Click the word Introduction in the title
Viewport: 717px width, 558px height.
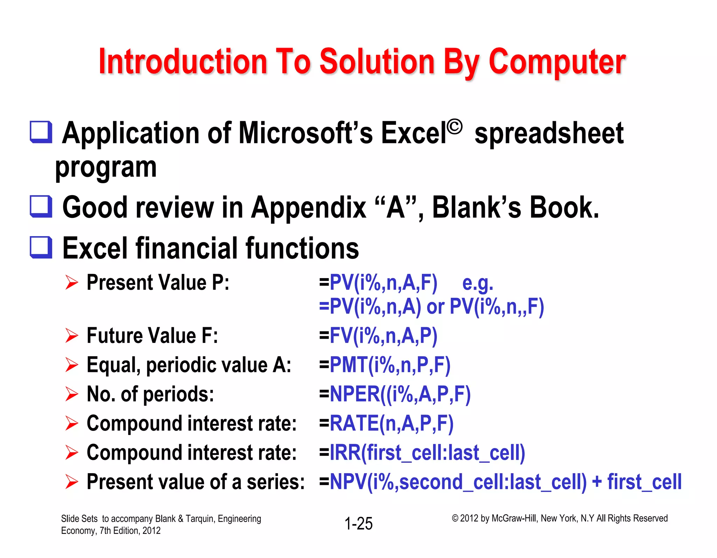click(183, 62)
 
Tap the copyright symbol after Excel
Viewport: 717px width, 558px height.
click(454, 127)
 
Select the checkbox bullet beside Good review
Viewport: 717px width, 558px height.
click(41, 206)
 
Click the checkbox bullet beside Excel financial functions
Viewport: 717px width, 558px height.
click(41, 247)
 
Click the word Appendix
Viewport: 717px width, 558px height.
click(308, 207)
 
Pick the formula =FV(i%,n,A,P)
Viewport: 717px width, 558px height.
click(378, 336)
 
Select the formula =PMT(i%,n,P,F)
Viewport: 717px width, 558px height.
click(384, 365)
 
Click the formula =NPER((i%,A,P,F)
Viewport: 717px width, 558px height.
click(395, 394)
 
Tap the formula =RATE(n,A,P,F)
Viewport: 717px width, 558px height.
click(386, 423)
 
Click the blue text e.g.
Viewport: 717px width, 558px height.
click(477, 283)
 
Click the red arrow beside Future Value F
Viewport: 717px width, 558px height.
click(71, 336)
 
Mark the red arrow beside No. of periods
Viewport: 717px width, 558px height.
click(71, 394)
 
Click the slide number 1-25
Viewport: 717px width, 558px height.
click(358, 523)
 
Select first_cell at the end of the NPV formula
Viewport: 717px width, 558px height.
click(644, 482)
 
